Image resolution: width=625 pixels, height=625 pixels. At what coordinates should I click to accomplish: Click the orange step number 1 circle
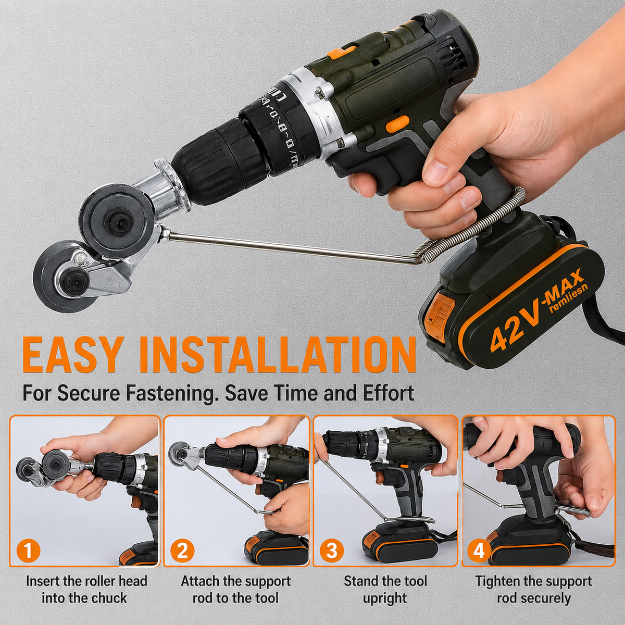coord(28,551)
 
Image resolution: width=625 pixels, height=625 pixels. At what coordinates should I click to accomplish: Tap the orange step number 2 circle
coord(182,551)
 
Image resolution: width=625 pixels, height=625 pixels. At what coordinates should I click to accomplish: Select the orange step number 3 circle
coord(331,551)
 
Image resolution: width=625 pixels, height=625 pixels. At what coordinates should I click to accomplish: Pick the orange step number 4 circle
coord(479,551)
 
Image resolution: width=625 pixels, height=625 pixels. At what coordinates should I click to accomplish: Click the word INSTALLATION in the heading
coord(279,355)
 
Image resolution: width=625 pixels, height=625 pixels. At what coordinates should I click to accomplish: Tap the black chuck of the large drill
coord(220,159)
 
